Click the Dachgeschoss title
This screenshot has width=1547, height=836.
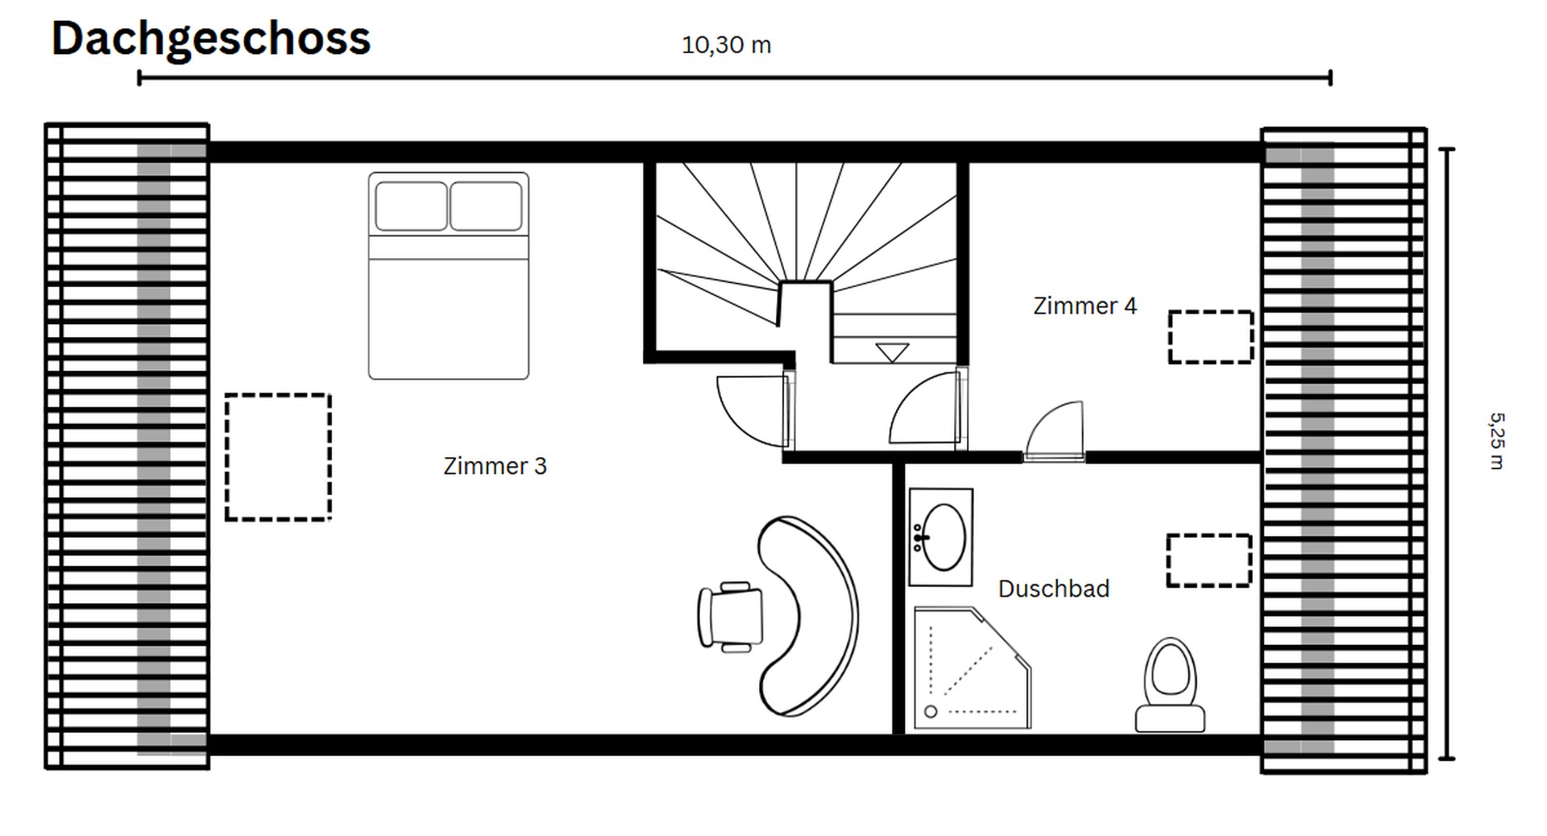(210, 38)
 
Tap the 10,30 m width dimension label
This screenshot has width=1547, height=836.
(726, 45)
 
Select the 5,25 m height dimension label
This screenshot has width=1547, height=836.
(1496, 440)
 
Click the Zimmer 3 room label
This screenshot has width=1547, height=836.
(495, 466)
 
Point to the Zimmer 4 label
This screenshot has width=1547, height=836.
(1085, 306)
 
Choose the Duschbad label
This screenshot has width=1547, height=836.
(1053, 589)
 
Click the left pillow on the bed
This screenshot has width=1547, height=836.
(411, 206)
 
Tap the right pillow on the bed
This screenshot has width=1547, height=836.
(486, 206)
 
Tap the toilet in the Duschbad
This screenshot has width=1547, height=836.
(1170, 685)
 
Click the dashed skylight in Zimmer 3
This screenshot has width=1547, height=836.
(278, 457)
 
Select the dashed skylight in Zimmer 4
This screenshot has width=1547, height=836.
(1210, 337)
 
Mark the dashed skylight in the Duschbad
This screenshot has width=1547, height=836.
(1209, 560)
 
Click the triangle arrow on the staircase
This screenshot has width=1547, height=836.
(892, 352)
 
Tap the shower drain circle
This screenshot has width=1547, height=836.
(931, 712)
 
